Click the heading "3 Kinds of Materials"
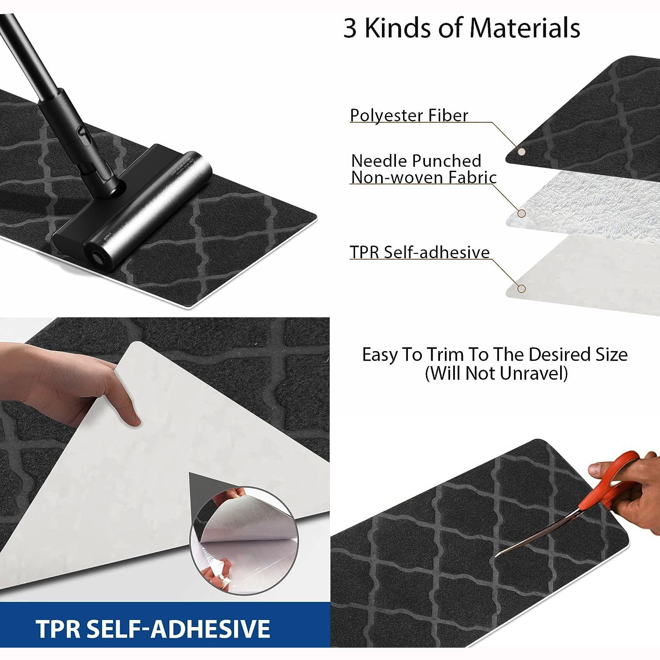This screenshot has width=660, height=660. coord(462,28)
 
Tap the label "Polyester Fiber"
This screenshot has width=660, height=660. coord(409,115)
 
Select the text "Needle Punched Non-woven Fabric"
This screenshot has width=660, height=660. coord(424,169)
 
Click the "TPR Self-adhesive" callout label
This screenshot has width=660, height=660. coord(420,252)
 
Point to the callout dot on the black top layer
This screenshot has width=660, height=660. coord(521,152)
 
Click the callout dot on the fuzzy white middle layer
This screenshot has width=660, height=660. coord(521,213)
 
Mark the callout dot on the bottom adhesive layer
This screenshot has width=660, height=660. coord(521,289)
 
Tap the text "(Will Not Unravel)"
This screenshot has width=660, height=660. coord(496,374)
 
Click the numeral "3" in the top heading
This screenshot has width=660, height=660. coord(350,29)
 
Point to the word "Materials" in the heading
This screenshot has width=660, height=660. coord(525,28)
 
